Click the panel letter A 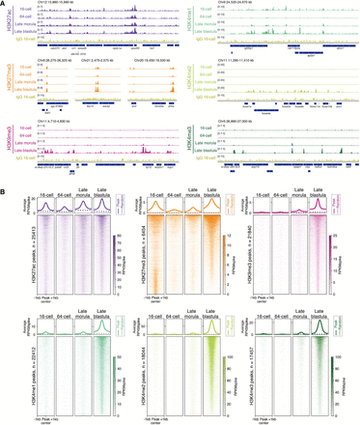click(4, 4)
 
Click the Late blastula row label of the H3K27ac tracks click(25, 34)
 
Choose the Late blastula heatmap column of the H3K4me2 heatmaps click(211, 377)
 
